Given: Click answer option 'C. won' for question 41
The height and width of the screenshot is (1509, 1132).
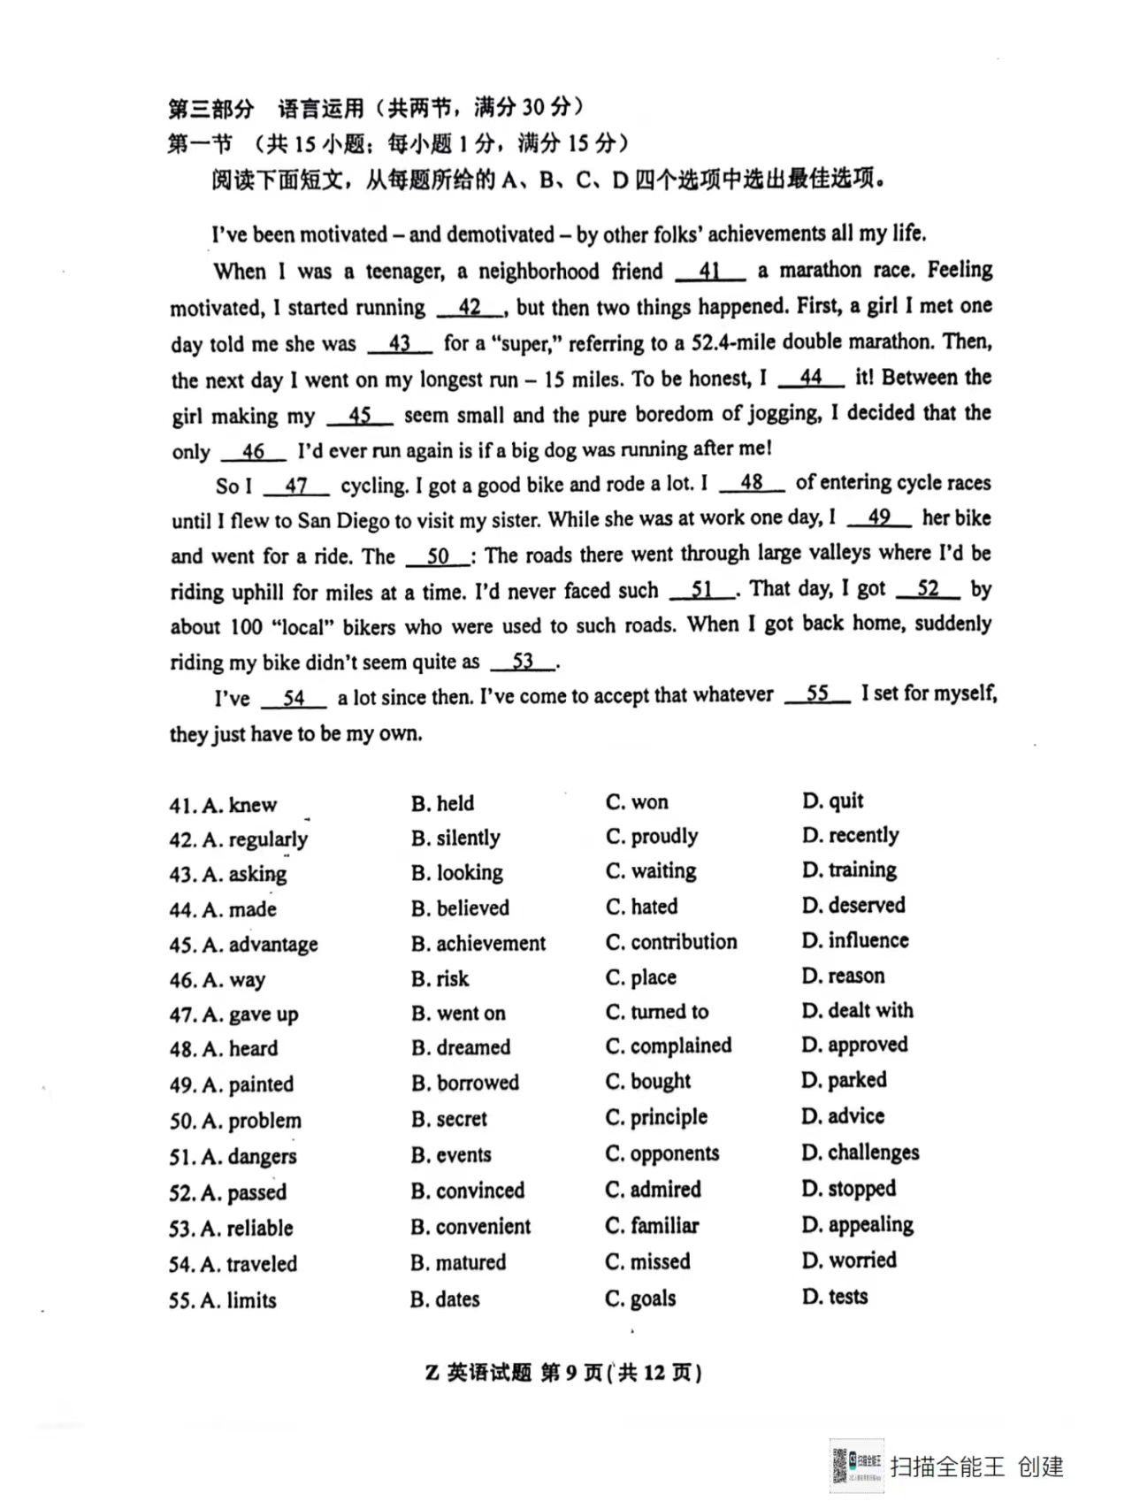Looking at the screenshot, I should [637, 802].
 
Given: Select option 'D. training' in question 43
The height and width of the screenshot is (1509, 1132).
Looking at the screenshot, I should [849, 870].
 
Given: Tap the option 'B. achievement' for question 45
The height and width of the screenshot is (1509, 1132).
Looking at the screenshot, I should [478, 944].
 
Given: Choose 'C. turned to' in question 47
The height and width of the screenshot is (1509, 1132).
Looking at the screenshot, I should [657, 1012].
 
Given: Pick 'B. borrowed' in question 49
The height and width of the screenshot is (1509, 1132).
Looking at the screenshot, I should [465, 1083].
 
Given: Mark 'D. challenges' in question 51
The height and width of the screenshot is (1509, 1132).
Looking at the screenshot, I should [860, 1153].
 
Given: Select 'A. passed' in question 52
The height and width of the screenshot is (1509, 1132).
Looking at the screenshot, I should [228, 1192].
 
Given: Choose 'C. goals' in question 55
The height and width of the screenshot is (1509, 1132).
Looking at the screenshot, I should [640, 1298].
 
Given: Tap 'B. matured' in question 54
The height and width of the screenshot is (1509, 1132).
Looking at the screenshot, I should [458, 1262].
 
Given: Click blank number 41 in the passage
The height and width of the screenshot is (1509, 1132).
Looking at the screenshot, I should [709, 271].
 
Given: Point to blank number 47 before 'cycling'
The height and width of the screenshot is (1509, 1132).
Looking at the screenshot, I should [296, 486].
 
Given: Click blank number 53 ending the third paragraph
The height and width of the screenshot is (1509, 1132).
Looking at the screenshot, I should [523, 662].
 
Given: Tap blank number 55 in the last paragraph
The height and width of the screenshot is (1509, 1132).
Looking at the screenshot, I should [817, 694].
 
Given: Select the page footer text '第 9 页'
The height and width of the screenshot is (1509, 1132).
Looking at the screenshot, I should [571, 1373].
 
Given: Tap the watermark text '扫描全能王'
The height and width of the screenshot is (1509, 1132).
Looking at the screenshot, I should [947, 1467].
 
